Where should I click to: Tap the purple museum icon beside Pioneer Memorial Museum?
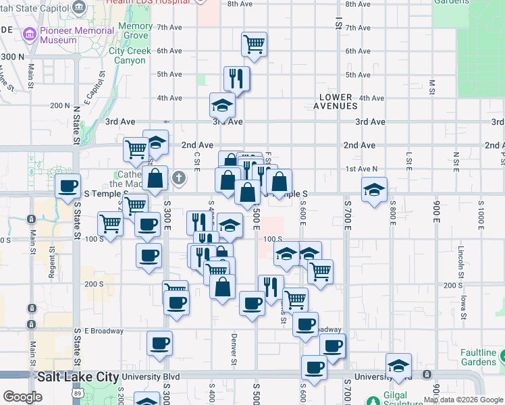29,34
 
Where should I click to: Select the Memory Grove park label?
135,30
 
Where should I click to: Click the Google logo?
22,397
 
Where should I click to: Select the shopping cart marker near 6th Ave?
254,44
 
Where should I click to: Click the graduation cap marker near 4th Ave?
221,105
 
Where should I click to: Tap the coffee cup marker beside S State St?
67,186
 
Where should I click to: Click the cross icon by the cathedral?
178,178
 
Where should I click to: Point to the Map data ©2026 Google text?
463,400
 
